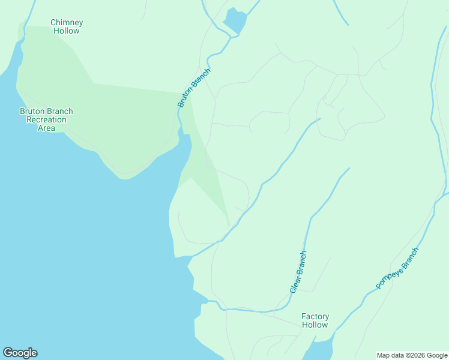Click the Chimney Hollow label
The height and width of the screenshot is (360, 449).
click(67, 26)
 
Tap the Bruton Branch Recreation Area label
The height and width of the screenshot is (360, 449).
click(46, 119)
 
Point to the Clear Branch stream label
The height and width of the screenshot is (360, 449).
click(298, 272)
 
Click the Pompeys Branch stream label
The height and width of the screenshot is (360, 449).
click(397, 268)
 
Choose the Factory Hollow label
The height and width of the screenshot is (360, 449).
click(315, 320)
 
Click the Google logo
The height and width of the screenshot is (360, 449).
click(20, 353)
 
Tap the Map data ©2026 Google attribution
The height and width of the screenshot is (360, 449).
click(412, 355)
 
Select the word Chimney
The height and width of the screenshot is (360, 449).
click(67, 23)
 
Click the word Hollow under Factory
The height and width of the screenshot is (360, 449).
click(315, 325)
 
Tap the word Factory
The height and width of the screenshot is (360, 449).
click(315, 316)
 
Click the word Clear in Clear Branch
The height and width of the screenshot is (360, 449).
click(294, 283)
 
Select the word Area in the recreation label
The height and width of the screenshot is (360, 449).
click(46, 128)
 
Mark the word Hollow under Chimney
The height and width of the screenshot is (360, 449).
click(67, 31)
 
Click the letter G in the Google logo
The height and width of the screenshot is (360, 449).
click(8, 352)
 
